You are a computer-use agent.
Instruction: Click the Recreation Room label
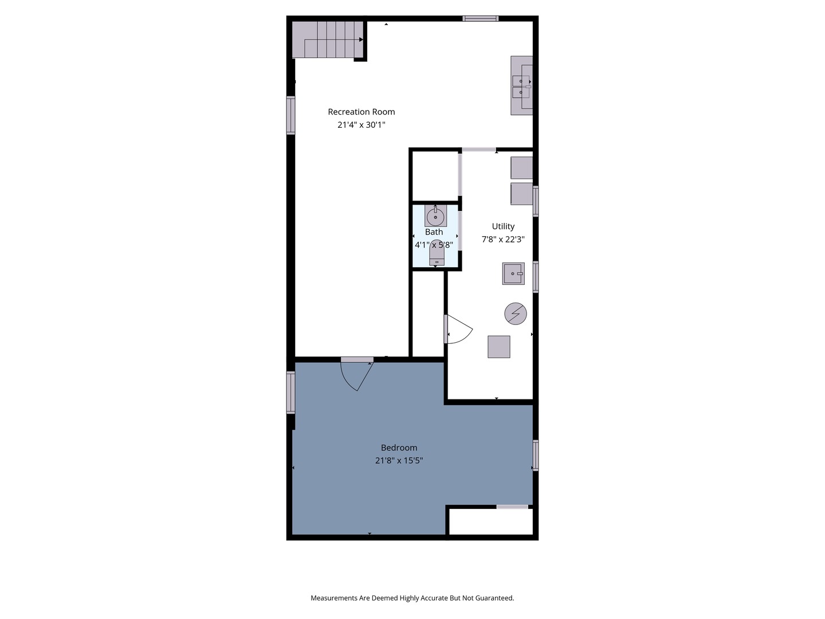[x=361, y=112]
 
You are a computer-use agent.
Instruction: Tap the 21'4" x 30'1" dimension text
[x=361, y=125]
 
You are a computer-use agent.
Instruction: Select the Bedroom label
[x=399, y=448]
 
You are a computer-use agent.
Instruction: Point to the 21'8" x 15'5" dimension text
[x=399, y=460]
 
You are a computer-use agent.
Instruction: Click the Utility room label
[x=503, y=226]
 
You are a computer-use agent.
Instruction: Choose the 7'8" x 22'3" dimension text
[x=503, y=240]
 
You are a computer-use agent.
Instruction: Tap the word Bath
[x=434, y=232]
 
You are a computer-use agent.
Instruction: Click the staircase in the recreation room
[x=328, y=40]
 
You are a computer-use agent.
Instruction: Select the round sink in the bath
[x=435, y=216]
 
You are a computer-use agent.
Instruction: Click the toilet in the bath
[x=437, y=253]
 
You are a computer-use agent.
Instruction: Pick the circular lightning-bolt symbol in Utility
[x=515, y=314]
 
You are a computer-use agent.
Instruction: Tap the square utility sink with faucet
[x=513, y=273]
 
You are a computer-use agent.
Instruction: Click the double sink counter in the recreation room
[x=521, y=85]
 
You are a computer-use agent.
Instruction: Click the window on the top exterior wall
[x=480, y=18]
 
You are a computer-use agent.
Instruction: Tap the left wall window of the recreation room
[x=290, y=115]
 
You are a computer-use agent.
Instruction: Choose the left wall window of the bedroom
[x=290, y=393]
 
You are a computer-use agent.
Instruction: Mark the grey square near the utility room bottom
[x=499, y=347]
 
